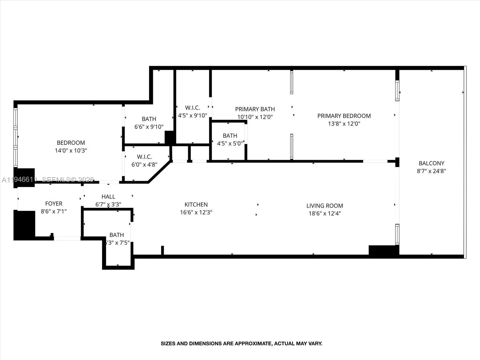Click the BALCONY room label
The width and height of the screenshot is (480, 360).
pyautogui.click(x=431, y=163)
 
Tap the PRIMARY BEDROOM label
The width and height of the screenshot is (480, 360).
pyautogui.click(x=344, y=116)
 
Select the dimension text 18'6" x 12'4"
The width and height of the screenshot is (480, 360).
pyautogui.click(x=325, y=214)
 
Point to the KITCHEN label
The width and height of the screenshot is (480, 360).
pyautogui.click(x=196, y=205)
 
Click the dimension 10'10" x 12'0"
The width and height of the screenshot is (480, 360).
pyautogui.click(x=255, y=117)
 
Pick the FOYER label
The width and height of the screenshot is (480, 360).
pyautogui.click(x=54, y=204)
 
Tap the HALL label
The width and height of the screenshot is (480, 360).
pyautogui.click(x=108, y=197)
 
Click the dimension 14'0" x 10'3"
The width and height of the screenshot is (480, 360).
pyautogui.click(x=71, y=151)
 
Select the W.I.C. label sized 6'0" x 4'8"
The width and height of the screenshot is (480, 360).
pyautogui.click(x=144, y=157)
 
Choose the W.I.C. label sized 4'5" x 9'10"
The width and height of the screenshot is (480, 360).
pyautogui.click(x=192, y=108)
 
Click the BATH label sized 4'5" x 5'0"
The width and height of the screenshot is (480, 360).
pyautogui.click(x=230, y=136)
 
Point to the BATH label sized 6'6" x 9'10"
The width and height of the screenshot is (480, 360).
pyautogui.click(x=149, y=119)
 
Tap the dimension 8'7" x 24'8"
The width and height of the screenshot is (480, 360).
pyautogui.click(x=431, y=171)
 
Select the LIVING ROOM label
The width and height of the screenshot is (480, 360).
pyautogui.click(x=325, y=206)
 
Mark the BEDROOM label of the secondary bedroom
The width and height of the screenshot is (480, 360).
pyautogui.click(x=71, y=143)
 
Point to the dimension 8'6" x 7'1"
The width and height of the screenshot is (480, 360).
pyautogui.click(x=54, y=211)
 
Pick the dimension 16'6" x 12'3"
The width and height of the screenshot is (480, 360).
pyautogui.click(x=196, y=212)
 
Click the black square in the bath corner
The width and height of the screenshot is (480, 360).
pyautogui.click(x=170, y=137)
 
